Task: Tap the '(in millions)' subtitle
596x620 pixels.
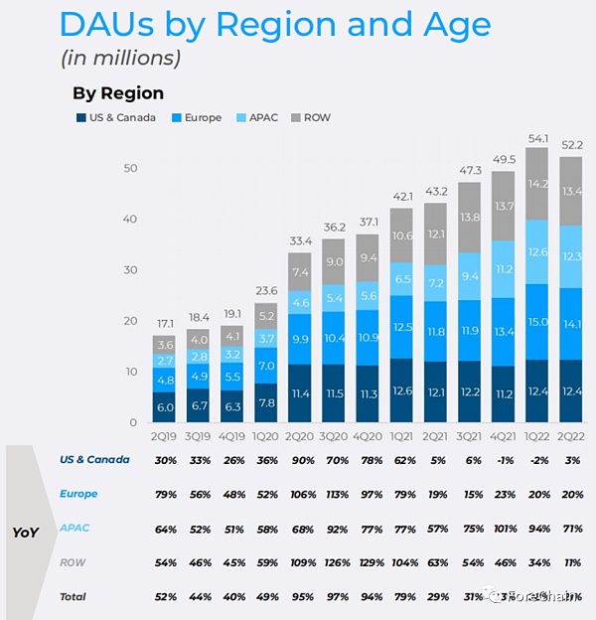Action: click(120, 58)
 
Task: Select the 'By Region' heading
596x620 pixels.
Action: click(117, 93)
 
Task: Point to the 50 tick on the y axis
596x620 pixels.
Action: click(129, 168)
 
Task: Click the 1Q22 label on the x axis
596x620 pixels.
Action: click(537, 436)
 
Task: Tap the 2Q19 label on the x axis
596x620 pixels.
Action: click(165, 436)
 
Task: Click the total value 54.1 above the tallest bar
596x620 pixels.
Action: click(537, 138)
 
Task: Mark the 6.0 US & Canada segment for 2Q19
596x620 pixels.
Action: click(165, 407)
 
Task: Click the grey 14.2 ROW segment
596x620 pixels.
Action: click(537, 184)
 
